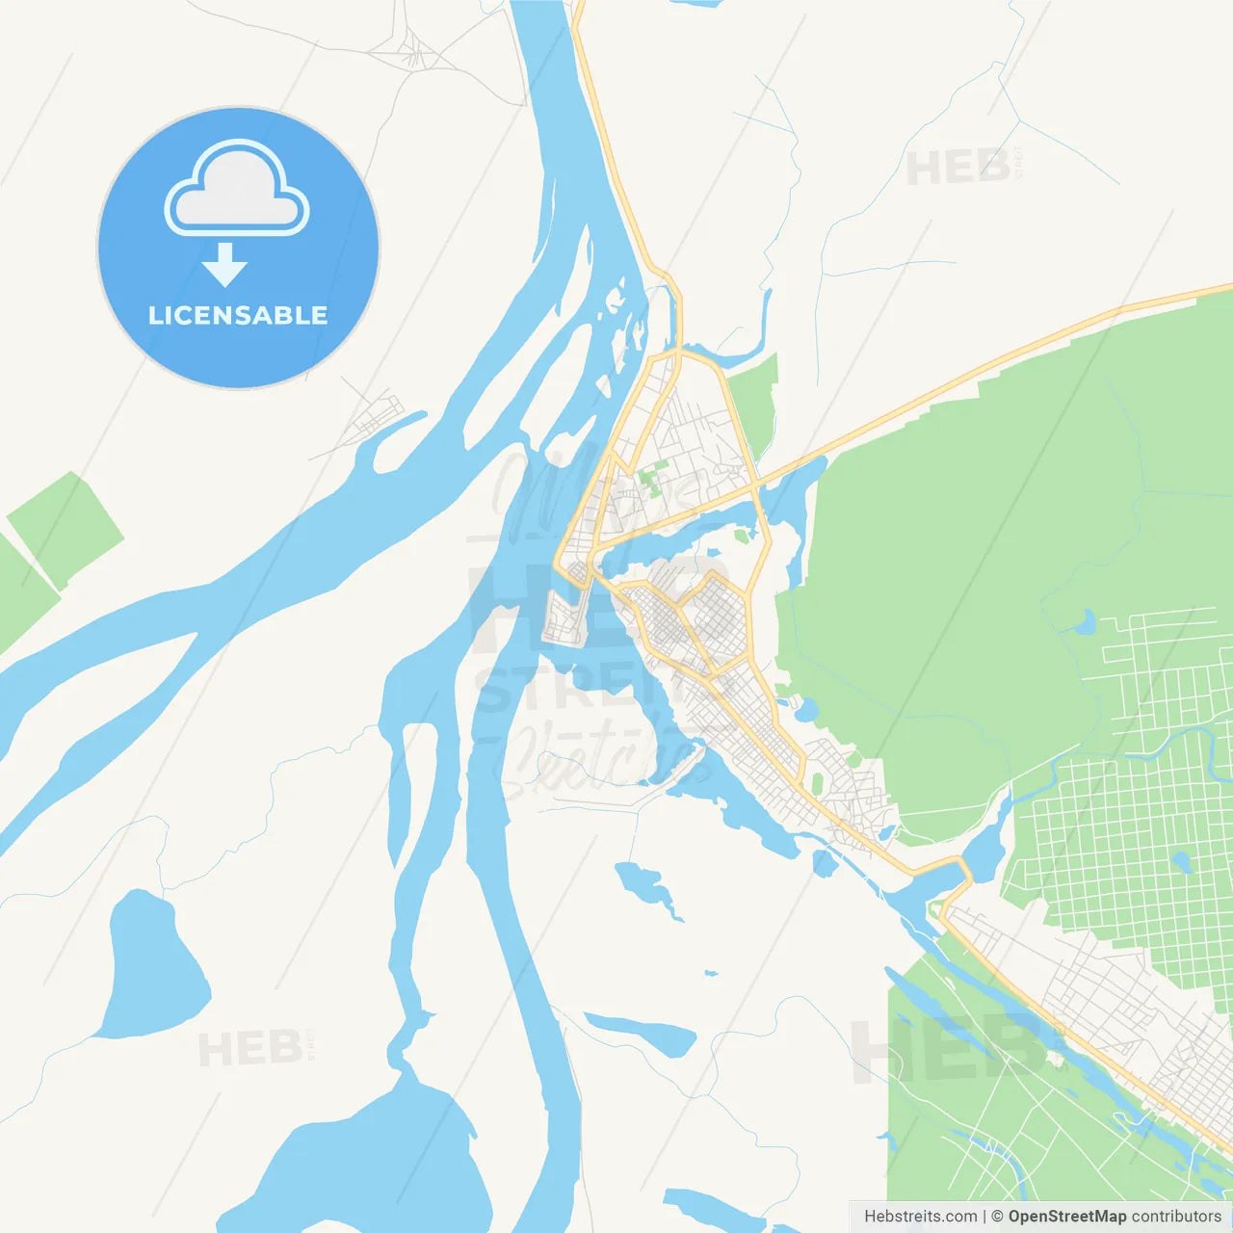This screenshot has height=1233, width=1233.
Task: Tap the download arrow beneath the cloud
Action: coord(225,265)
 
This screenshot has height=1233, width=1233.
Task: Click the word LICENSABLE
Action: coord(238,315)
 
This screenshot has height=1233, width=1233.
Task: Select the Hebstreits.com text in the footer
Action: coord(920,1217)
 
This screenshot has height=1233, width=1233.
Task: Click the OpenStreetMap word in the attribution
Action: coord(1067,1217)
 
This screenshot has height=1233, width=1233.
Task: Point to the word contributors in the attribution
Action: coord(1176,1217)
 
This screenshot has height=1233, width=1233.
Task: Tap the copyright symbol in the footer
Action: coord(997,1217)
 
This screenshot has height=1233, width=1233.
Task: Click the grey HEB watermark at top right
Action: coord(958,169)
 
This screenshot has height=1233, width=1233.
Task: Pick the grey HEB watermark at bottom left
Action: coord(250,1048)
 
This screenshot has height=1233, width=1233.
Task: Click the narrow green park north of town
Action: coord(753,405)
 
